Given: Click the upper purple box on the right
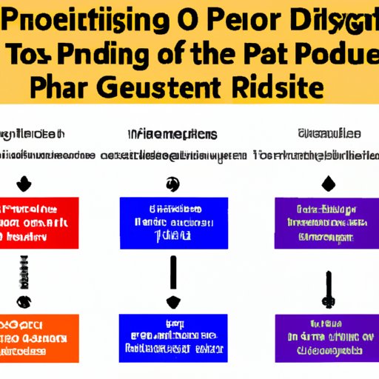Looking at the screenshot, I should pyautogui.click(x=323, y=221).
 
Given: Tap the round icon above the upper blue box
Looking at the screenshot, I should pyautogui.click(x=172, y=183).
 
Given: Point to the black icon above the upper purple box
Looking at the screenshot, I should pyautogui.click(x=326, y=182).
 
